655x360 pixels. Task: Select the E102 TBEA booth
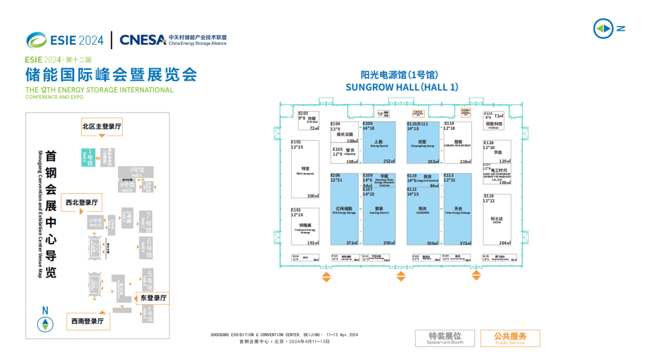point(305,170)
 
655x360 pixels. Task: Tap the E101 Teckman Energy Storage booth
point(305,227)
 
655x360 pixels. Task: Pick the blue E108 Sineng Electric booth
point(379,143)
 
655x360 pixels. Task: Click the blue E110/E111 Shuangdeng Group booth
point(423,143)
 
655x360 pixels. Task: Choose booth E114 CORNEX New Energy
point(457,143)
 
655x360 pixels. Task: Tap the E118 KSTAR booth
point(497,219)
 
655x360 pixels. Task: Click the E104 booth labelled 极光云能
point(344,133)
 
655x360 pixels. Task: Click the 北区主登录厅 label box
point(102,127)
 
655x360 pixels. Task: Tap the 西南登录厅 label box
point(87,321)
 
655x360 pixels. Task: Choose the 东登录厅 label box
point(153,298)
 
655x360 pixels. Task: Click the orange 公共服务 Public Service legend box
point(509,338)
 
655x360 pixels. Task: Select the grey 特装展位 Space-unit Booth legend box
point(445,338)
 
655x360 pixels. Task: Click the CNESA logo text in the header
point(143,40)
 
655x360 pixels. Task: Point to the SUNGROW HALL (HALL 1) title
point(401,87)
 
